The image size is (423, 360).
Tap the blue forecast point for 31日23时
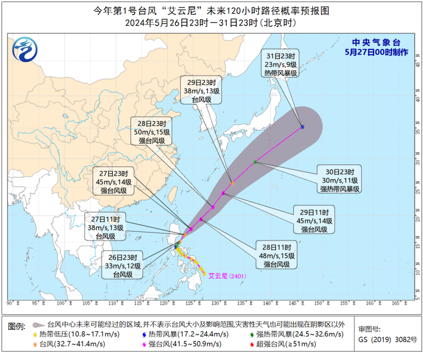[303, 127]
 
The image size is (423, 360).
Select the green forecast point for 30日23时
[255, 162]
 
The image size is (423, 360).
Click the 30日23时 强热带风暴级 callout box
[337, 180]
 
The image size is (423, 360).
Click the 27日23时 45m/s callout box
[115, 182]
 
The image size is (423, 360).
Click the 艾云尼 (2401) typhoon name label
[225, 276]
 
